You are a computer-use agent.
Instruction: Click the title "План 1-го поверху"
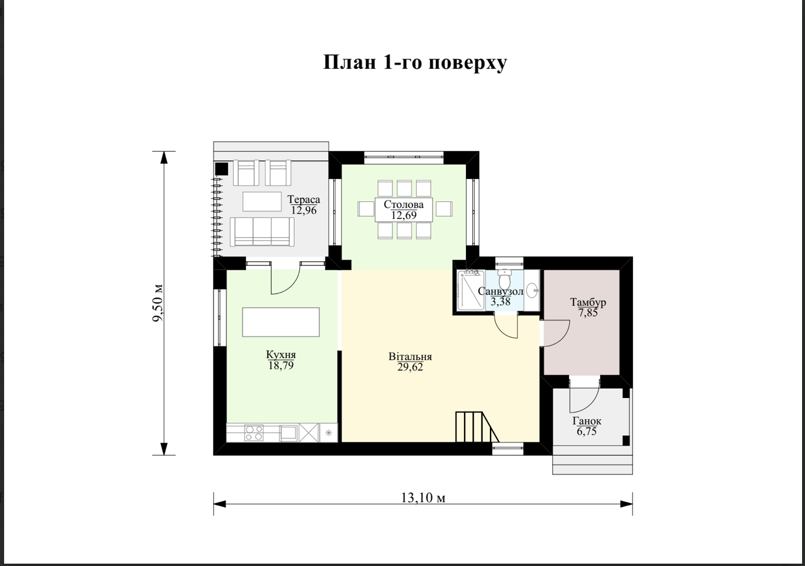pos(415,63)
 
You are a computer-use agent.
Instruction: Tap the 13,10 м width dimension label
pos(423,498)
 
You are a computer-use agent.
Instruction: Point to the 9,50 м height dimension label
pos(158,303)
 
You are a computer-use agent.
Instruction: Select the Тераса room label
pos(304,200)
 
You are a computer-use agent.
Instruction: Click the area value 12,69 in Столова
pos(404,215)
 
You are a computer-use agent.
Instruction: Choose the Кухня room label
pos(280,355)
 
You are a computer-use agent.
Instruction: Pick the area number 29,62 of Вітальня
pos(410,367)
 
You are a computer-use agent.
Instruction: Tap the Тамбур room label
pos(588,302)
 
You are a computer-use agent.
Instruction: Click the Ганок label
pos(587,421)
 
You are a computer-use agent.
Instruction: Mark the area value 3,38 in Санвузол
pos(500,301)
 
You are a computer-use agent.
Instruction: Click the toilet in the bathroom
pos(504,279)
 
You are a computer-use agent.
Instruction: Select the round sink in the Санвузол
pos(532,290)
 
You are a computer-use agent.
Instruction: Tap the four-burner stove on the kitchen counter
pos(253,433)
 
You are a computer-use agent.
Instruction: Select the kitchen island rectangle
pos(280,322)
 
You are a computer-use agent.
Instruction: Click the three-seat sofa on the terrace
pos(262,231)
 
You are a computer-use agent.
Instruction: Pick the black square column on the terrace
pos(221,169)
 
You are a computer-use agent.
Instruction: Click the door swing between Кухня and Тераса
pos(285,281)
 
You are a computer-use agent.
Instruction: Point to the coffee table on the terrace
pos(262,201)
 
